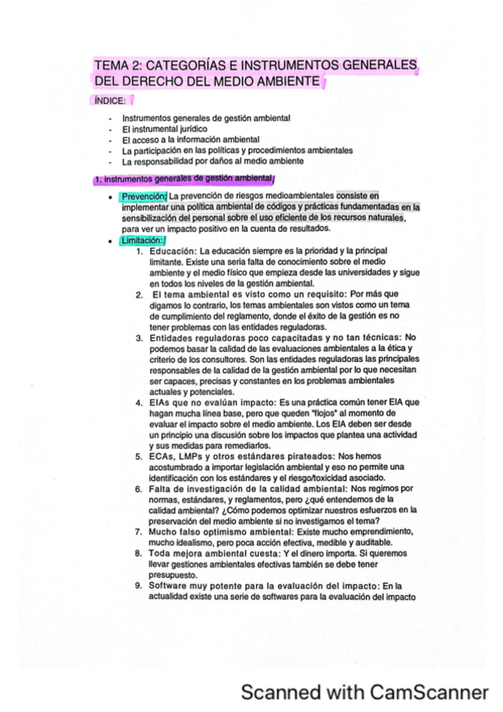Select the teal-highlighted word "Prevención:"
coord(144,196)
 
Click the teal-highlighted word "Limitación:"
coord(143,241)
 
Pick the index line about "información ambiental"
coord(191,139)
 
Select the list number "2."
coord(139,295)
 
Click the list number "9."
coord(139,586)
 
